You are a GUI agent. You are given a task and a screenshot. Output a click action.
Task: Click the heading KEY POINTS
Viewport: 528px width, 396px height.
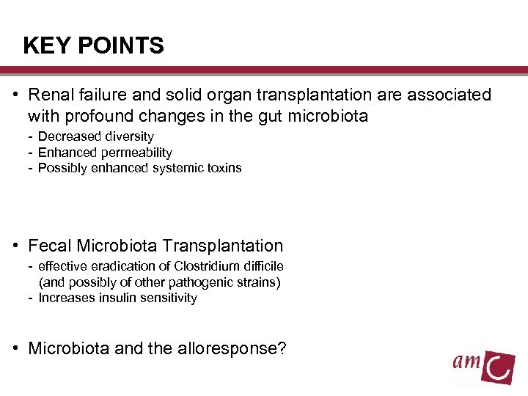tap(93, 46)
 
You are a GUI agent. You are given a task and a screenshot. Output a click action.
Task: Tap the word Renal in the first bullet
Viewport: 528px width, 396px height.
tap(51, 95)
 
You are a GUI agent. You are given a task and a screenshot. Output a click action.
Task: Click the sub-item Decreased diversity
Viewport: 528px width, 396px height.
tap(95, 136)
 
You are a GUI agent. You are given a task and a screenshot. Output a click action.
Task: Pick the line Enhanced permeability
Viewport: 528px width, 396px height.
tap(104, 153)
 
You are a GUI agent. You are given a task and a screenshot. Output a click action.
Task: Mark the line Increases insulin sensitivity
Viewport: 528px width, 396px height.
tap(117, 298)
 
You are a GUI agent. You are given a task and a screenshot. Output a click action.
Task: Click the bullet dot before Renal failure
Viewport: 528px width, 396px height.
tap(15, 95)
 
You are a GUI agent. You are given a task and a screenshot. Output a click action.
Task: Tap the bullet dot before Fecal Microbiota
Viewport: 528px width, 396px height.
tap(15, 246)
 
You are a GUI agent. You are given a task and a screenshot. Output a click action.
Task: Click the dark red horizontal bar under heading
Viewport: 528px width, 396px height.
tap(264, 70)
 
